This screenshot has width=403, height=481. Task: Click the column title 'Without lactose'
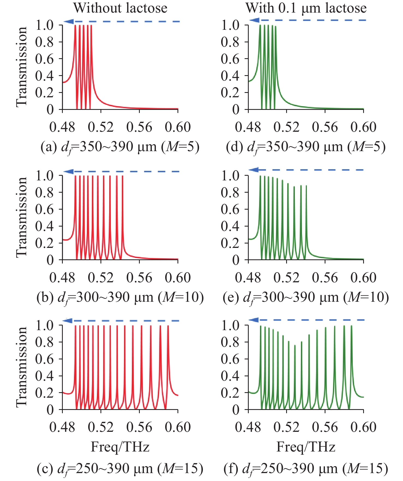click(x=120, y=8)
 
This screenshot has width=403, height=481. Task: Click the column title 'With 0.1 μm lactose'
click(x=306, y=8)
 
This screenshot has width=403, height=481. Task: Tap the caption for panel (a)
click(x=120, y=147)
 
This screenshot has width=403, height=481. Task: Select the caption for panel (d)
click(x=306, y=147)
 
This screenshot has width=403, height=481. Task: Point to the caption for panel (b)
click(x=120, y=298)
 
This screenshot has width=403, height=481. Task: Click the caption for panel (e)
click(x=306, y=298)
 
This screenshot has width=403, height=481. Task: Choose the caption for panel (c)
click(x=120, y=468)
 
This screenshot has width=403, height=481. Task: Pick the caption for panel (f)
click(x=306, y=468)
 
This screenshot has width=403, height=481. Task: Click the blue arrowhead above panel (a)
click(x=68, y=21)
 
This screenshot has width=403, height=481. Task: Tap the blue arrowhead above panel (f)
click(x=254, y=320)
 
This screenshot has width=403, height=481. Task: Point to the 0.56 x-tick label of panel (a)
click(x=139, y=127)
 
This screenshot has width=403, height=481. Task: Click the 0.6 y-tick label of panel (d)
click(x=230, y=59)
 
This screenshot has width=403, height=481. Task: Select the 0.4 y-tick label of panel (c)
click(x=45, y=376)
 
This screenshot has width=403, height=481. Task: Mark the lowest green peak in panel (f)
click(x=295, y=345)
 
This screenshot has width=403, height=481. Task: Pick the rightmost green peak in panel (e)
click(x=306, y=186)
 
